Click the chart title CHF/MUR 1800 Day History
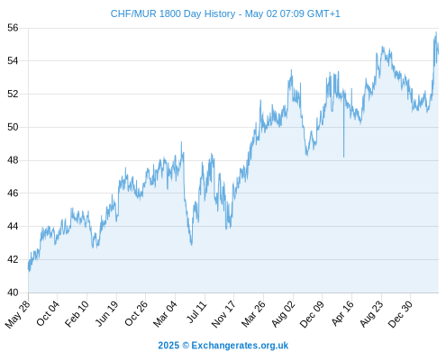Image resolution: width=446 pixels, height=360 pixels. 173,13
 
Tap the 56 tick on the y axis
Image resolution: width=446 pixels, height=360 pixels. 13,28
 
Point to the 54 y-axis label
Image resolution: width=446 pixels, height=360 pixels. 13,61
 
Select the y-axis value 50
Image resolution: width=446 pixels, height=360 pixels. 13,127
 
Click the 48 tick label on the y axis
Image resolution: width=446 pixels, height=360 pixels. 13,160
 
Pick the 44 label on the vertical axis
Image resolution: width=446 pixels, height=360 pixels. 13,226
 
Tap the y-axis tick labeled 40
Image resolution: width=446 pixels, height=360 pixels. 13,292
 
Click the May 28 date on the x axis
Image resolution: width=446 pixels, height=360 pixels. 18,314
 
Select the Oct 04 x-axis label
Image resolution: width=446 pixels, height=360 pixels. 48,313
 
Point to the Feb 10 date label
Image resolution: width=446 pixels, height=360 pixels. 77,313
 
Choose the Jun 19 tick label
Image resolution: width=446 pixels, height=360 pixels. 107,313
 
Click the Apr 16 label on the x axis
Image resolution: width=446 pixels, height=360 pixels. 342,313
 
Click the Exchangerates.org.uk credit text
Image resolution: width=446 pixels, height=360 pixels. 240,346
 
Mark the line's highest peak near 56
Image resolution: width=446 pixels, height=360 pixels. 436,32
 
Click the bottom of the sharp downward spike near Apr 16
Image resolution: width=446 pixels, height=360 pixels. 343,157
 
